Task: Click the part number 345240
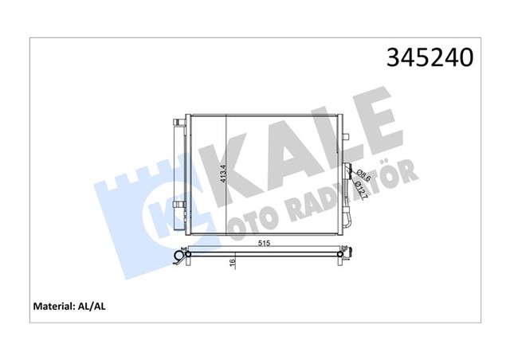[430, 59]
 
